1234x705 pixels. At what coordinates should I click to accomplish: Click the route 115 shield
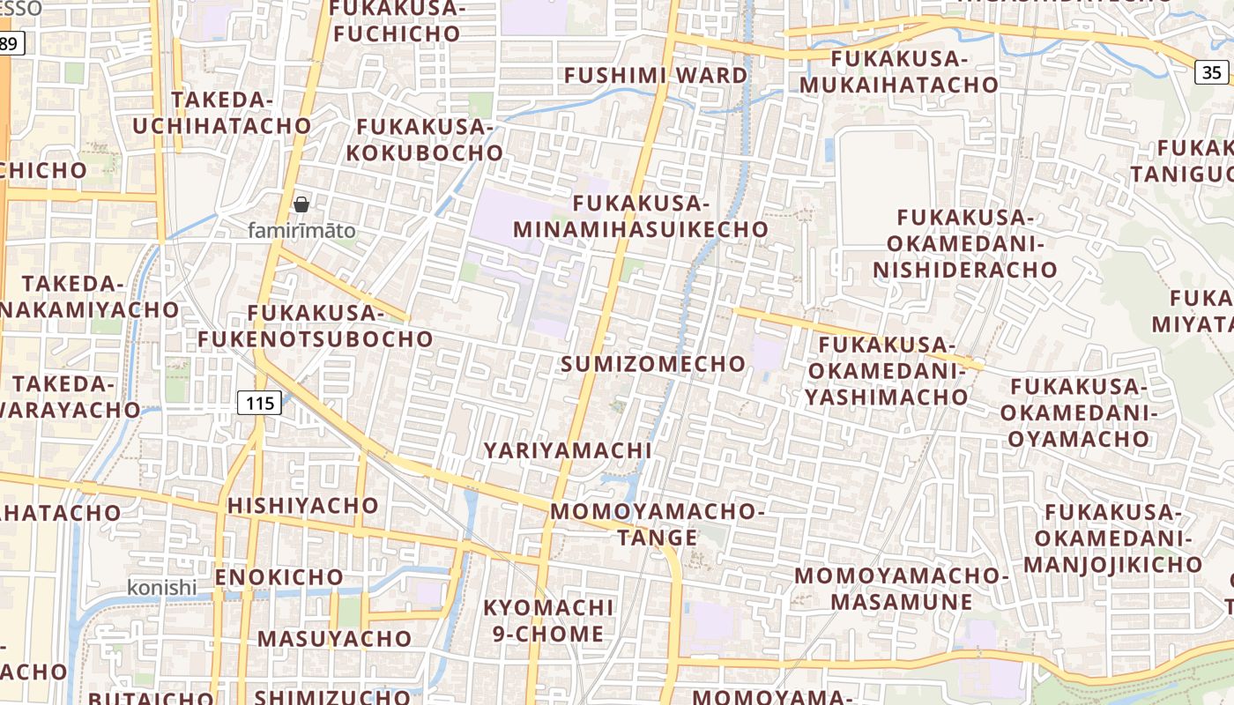coord(259,403)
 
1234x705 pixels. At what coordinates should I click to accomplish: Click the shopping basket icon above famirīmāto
coord(301,204)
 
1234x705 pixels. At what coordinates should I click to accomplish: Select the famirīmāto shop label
coord(301,231)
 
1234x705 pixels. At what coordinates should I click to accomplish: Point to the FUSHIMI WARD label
coord(656,75)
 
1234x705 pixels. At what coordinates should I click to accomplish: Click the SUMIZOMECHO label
coord(653,364)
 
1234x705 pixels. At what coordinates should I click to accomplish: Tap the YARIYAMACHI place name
coord(568,450)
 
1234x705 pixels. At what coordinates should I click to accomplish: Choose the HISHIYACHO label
coord(302,506)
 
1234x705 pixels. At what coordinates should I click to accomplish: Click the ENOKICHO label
coord(279,577)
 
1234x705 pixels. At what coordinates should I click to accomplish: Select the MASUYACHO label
coord(334,638)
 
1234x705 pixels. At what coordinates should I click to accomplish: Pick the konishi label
coord(162,588)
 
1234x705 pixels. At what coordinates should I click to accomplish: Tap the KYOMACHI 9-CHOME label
coord(547,620)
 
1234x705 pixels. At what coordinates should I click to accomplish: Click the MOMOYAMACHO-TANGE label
coord(657,524)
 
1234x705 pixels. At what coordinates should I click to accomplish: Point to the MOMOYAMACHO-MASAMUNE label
coord(900,589)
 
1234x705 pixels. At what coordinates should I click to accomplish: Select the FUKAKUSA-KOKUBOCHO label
coord(424,139)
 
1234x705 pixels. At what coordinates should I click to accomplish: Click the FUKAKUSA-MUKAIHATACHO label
coord(899,72)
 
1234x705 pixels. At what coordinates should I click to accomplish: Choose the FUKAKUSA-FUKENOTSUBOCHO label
coord(316,326)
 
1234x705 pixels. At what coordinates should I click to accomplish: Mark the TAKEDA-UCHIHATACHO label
coord(222,113)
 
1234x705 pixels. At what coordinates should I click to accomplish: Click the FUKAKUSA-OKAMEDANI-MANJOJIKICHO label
coord(1112,538)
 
